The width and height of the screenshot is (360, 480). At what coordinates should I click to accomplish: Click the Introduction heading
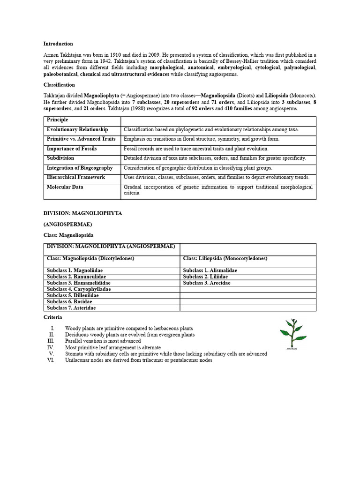[x=58, y=44]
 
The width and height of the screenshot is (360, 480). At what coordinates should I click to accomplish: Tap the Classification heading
[x=59, y=85]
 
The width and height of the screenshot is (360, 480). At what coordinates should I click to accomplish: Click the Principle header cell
[x=58, y=120]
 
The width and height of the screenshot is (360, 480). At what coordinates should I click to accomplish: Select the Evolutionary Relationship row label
[x=77, y=129]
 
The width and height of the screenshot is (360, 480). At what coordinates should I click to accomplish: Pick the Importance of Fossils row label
[x=72, y=149]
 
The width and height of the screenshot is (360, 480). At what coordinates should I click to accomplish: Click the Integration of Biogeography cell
[x=80, y=168]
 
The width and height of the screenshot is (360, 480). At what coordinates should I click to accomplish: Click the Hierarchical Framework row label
[x=76, y=177]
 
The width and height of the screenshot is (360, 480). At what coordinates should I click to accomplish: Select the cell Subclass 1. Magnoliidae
[x=75, y=270]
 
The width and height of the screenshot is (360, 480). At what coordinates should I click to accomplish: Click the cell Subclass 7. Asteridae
[x=73, y=308]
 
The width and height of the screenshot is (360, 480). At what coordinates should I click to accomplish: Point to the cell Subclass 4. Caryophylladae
[x=79, y=289]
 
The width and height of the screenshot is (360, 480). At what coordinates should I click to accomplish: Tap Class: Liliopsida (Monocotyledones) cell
[x=225, y=258]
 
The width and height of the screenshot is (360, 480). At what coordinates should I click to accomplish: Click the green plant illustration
[x=293, y=334]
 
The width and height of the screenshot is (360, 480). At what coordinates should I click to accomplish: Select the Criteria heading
[x=53, y=317]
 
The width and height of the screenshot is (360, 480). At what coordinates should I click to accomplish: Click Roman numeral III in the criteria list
[x=51, y=341]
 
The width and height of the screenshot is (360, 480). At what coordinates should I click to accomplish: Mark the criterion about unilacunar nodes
[x=138, y=360]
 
